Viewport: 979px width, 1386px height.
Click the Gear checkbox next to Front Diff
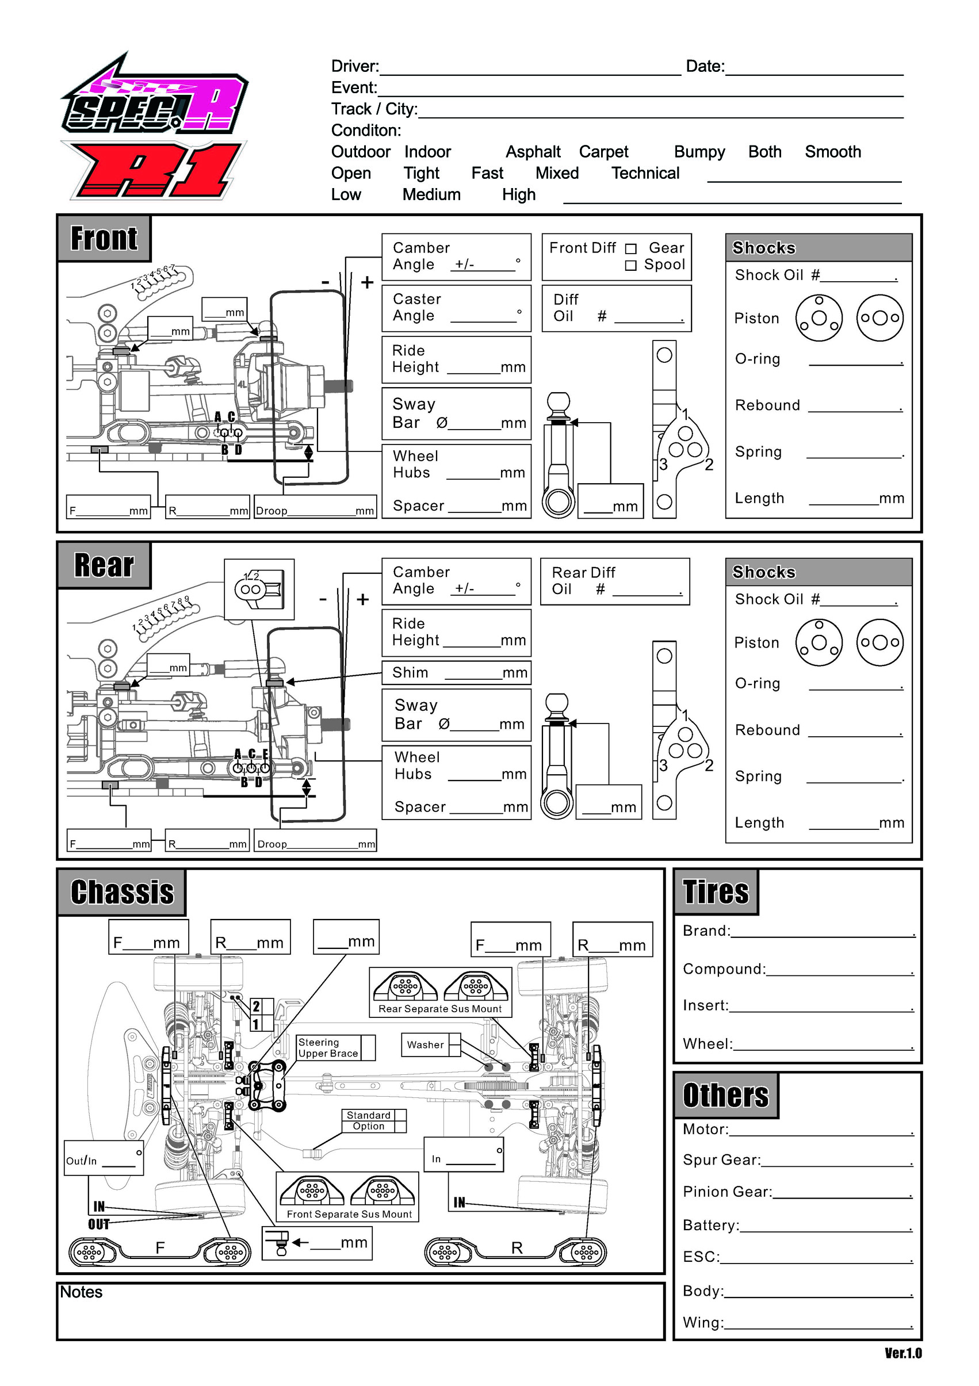pos(630,248)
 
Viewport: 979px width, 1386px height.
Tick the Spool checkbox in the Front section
pos(630,266)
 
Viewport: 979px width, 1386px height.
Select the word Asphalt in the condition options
pos(533,152)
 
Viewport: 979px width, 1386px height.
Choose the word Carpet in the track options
pos(603,152)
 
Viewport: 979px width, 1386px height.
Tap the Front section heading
pos(104,239)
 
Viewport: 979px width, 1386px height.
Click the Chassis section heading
pos(122,892)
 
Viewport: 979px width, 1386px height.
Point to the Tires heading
pos(716,891)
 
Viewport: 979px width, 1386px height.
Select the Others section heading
pos(725,1095)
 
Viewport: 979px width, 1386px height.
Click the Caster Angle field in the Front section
pos(456,308)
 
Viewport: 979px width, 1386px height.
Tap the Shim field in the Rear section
pos(456,672)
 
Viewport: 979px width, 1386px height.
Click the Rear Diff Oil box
pos(615,581)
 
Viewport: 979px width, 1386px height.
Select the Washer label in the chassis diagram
pos(425,1045)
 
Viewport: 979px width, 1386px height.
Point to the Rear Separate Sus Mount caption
pos(439,1009)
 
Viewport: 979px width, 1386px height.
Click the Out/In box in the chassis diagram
pos(104,1158)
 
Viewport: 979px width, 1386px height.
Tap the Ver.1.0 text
pos(903,1353)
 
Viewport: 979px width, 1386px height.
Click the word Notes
pos(81,1292)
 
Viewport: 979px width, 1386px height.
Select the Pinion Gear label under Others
pos(727,1192)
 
